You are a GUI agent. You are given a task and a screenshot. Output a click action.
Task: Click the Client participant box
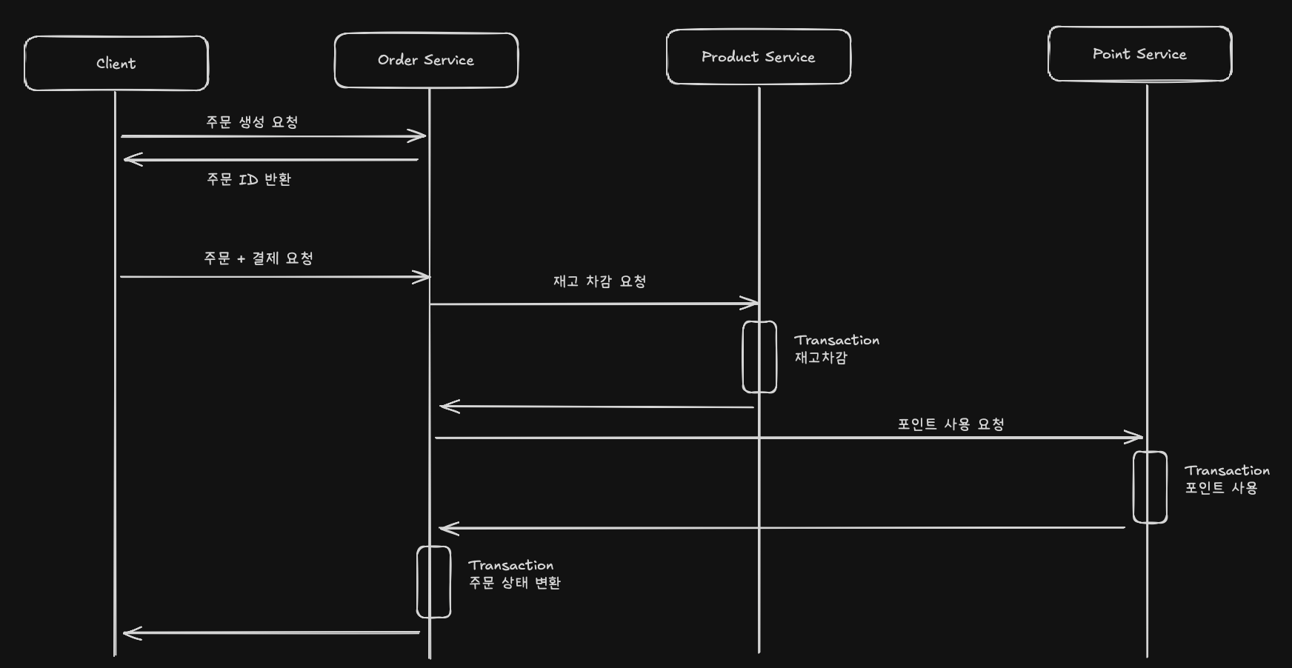pos(116,64)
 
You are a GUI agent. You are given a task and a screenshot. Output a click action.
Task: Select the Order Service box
pos(426,60)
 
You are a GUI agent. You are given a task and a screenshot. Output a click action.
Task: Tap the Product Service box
pos(758,57)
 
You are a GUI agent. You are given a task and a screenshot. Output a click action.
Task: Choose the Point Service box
pos(1139,54)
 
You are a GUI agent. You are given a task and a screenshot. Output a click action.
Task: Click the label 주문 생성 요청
pos(252,122)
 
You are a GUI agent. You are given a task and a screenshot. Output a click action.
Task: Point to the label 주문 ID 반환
pos(249,179)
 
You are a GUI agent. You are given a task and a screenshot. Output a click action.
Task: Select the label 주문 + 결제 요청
pos(259,258)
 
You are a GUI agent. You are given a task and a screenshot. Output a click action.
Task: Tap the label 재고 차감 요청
pos(599,281)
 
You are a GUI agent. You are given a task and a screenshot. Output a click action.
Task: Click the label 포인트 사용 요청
pos(950,424)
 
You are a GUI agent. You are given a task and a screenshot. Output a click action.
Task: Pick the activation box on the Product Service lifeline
pos(759,357)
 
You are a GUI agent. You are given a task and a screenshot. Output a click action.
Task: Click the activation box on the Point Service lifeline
pos(1150,487)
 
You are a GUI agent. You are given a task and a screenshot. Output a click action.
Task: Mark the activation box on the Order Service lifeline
pos(433,582)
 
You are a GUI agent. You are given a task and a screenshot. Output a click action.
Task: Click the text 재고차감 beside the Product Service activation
pos(821,358)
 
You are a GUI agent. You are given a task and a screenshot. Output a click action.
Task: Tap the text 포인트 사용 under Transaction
pos(1221,488)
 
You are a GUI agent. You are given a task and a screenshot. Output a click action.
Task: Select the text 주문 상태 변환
pos(514,583)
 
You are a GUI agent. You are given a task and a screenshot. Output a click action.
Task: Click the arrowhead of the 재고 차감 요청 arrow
pos(753,303)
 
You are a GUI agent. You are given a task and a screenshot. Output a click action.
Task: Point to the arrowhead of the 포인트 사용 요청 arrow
pos(1138,438)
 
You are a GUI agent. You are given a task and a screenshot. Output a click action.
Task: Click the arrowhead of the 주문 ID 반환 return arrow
pos(129,159)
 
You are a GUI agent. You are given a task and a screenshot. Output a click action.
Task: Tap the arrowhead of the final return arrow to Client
pos(129,632)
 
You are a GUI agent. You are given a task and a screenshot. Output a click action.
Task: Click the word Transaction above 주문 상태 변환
pos(510,566)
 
